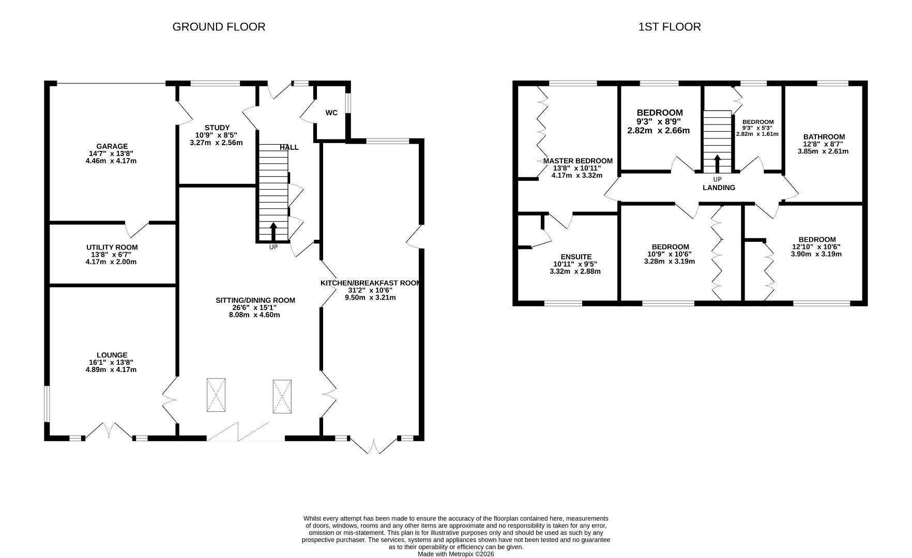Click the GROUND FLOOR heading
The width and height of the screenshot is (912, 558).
pyautogui.click(x=219, y=27)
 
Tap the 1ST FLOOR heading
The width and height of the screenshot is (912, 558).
pyautogui.click(x=670, y=27)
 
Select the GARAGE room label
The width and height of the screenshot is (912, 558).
pyautogui.click(x=112, y=146)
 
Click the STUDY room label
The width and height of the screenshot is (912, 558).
pyautogui.click(x=217, y=128)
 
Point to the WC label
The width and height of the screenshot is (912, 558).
pyautogui.click(x=331, y=113)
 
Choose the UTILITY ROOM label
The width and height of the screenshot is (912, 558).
pyautogui.click(x=112, y=247)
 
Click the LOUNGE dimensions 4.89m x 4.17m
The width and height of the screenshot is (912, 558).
pyautogui.click(x=111, y=369)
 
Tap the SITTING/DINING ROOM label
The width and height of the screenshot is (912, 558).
pyautogui.click(x=255, y=300)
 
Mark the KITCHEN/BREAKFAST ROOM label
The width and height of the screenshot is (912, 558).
pyautogui.click(x=370, y=283)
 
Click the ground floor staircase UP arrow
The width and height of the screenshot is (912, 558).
pyautogui.click(x=273, y=231)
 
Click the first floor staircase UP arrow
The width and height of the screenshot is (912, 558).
pyautogui.click(x=717, y=163)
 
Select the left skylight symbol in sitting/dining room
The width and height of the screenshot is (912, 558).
pyautogui.click(x=216, y=395)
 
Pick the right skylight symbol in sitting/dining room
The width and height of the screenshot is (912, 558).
pyautogui.click(x=282, y=396)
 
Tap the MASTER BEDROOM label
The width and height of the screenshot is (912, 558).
pyautogui.click(x=577, y=161)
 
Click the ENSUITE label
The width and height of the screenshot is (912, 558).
pyautogui.click(x=576, y=257)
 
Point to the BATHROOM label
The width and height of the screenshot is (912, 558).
pyautogui.click(x=824, y=137)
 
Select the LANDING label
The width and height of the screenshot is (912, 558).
pyautogui.click(x=719, y=188)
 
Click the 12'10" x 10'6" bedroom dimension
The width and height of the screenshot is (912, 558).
pyautogui.click(x=816, y=246)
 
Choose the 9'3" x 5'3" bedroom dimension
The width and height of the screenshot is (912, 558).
pyautogui.click(x=757, y=128)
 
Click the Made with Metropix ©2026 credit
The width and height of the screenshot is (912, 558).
pyautogui.click(x=456, y=554)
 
